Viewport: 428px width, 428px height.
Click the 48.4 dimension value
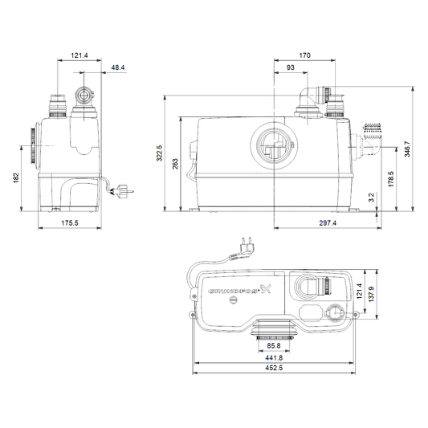[118, 67]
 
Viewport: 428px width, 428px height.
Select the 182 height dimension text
[16, 177]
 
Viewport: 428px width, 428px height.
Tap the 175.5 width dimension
[70, 223]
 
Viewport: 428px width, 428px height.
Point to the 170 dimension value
[304, 55]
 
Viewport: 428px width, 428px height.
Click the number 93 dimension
[291, 67]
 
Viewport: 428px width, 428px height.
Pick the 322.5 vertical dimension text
[160, 153]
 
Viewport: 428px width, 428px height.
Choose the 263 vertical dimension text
[175, 164]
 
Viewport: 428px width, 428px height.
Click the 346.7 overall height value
[407, 149]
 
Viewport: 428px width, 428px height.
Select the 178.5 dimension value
[391, 179]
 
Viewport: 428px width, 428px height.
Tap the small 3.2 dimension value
[372, 198]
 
